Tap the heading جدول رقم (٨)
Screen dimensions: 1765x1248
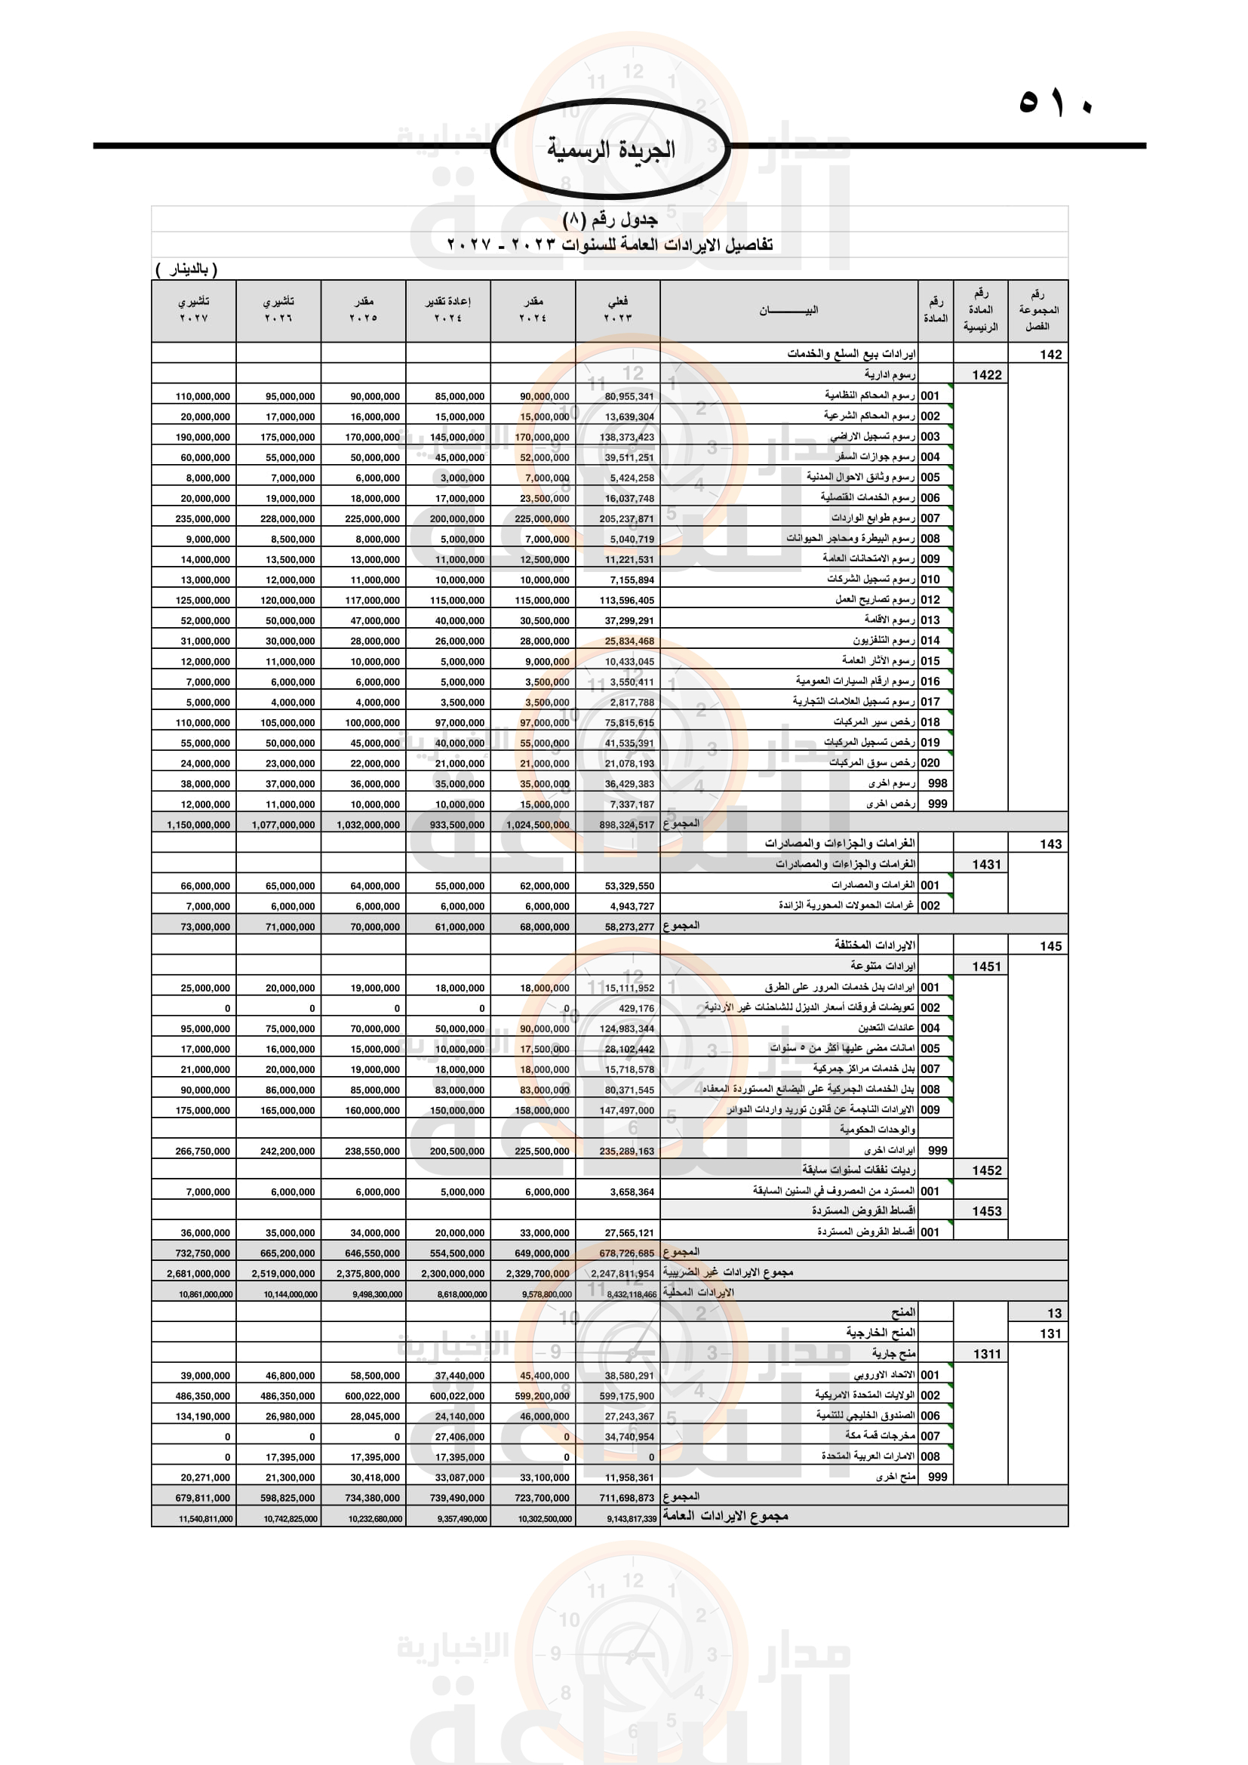(610, 220)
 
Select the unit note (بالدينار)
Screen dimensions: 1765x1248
(186, 270)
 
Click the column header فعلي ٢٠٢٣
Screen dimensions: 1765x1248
(617, 310)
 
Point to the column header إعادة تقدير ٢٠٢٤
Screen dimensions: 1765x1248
(448, 310)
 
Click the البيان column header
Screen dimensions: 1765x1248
(788, 310)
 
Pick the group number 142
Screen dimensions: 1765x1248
(1050, 355)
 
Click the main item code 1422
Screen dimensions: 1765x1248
(987, 375)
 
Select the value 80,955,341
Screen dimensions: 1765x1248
(629, 397)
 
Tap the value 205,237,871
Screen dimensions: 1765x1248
(626, 519)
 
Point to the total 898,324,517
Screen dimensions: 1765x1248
(626, 825)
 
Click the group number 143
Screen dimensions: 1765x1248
(1050, 844)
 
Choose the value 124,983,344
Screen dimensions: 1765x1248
(626, 1029)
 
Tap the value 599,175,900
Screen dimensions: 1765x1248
(626, 1396)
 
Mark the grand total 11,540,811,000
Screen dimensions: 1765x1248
(205, 1519)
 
